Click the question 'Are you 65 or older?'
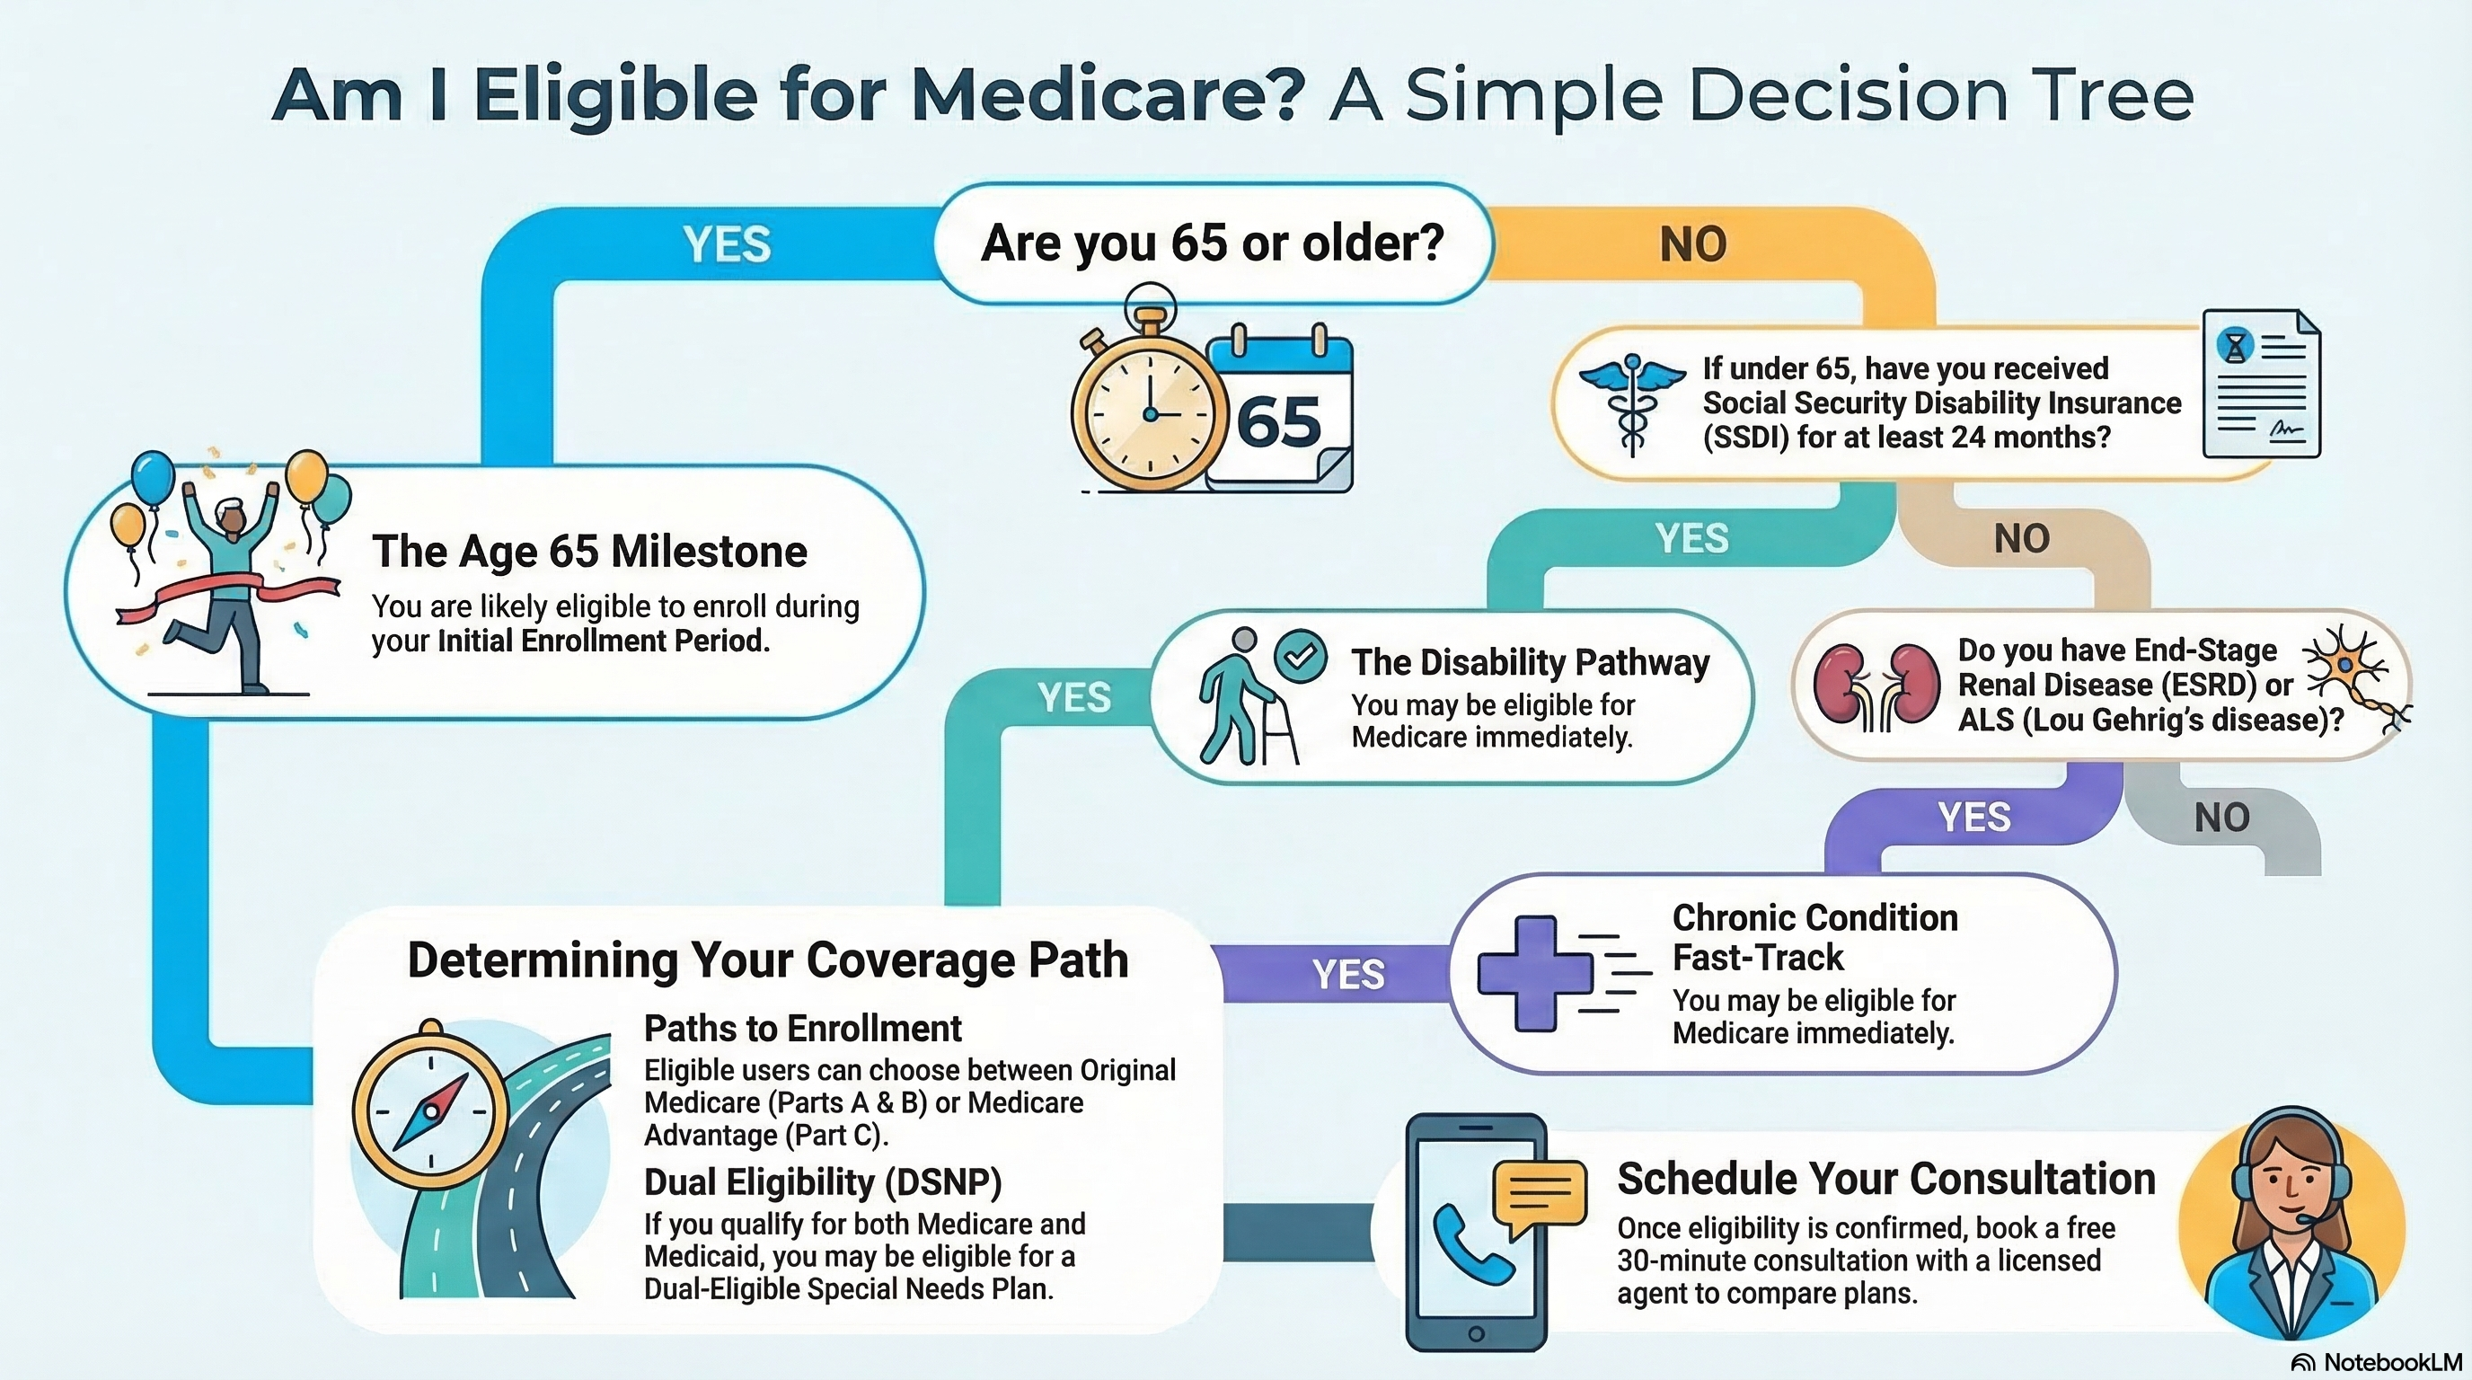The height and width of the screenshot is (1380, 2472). coord(1212,242)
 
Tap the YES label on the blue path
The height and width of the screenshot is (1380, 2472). coord(727,243)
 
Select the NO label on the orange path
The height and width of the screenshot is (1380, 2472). coord(1693,243)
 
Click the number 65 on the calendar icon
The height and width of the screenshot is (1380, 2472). coord(1278,422)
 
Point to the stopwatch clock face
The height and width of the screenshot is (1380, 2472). coord(1150,412)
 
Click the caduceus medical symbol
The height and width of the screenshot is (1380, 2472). coord(1632,403)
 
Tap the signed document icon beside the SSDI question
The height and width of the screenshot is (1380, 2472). coord(2261,384)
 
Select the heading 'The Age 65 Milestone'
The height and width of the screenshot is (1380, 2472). coord(589,551)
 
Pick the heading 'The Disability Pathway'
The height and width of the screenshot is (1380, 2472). coord(1530,662)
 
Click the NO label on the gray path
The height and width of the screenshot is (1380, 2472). coord(2220,818)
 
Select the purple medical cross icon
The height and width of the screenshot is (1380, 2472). coord(1534,973)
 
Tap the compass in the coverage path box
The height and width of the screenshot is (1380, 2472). coord(431,1113)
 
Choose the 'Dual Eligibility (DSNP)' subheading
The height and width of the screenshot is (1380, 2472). coord(823,1181)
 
